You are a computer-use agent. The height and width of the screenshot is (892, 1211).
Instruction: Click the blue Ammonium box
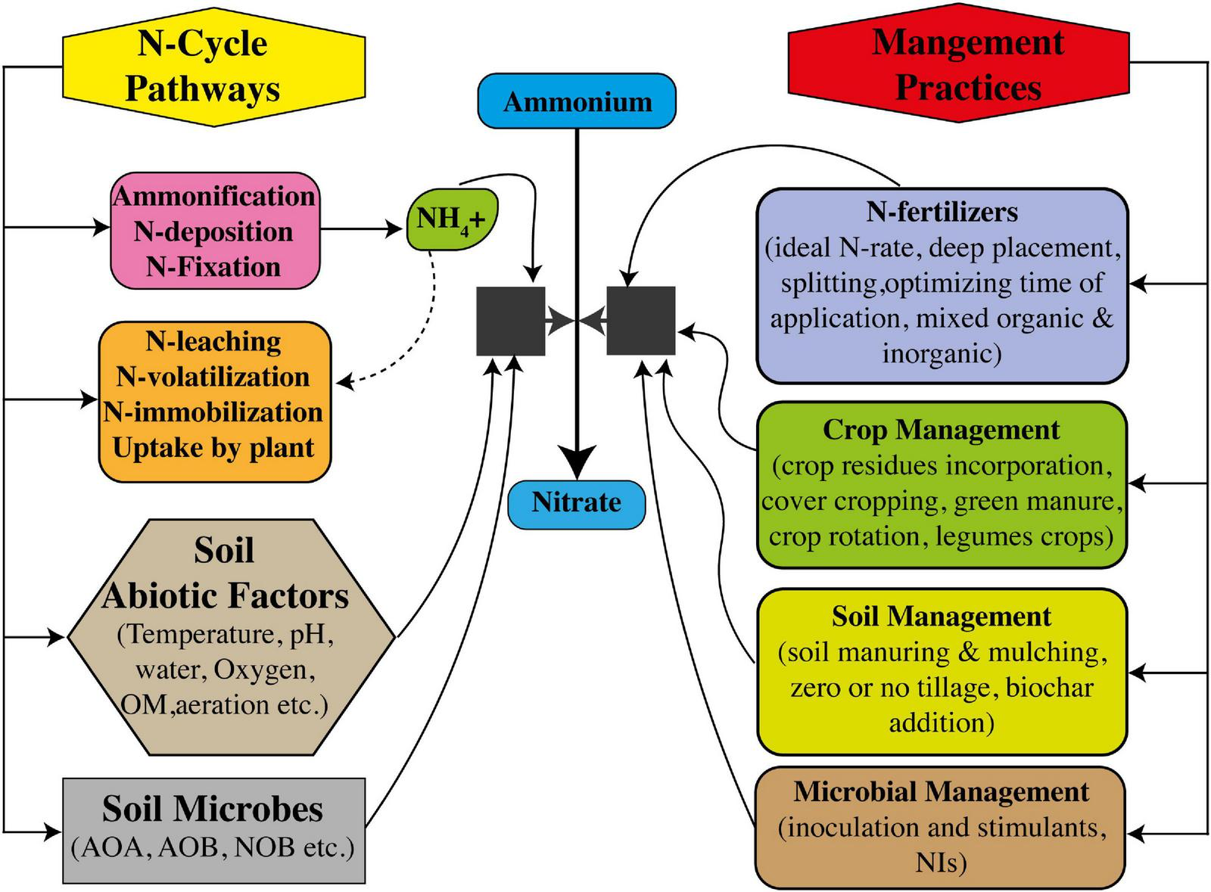[576, 101]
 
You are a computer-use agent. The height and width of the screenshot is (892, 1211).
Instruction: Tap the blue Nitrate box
[576, 502]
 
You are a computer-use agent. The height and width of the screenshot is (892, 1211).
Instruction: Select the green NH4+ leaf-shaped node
[452, 219]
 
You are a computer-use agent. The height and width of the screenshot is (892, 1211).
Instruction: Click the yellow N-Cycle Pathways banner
[203, 66]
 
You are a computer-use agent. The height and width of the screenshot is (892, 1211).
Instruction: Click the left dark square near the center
[510, 321]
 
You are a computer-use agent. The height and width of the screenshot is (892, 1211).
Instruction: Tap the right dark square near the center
[641, 321]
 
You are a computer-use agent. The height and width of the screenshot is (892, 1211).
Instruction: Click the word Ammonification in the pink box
[214, 197]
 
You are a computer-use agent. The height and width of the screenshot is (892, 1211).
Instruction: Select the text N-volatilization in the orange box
[213, 377]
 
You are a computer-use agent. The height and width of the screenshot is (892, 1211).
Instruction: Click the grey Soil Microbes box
[213, 829]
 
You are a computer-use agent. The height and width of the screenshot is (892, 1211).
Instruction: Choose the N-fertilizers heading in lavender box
[942, 212]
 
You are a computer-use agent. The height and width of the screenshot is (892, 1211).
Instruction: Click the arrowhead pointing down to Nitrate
[577, 461]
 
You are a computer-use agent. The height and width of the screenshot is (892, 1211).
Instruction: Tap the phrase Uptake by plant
[213, 448]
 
